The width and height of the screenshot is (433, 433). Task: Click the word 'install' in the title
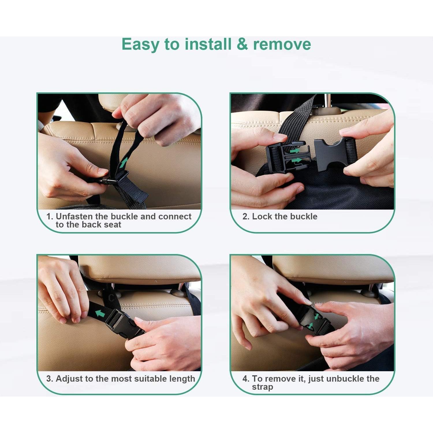coord(208,44)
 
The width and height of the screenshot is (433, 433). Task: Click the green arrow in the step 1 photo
coord(124,162)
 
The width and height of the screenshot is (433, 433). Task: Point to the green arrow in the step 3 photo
coord(100,313)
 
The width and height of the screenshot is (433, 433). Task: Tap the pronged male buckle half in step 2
coord(287,157)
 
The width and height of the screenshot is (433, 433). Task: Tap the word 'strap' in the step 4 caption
coord(262,387)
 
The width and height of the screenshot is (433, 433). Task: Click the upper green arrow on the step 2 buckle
coord(295,151)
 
